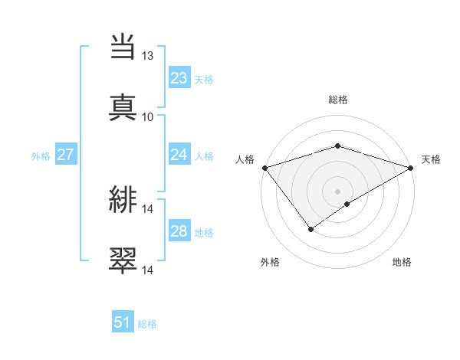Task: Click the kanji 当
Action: (x=123, y=47)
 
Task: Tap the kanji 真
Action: (x=123, y=106)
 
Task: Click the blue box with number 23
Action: (x=179, y=78)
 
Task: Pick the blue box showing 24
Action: (x=179, y=155)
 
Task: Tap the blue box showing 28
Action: (x=179, y=231)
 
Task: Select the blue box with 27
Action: (x=65, y=155)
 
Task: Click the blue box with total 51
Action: (x=123, y=322)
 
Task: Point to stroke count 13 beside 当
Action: (x=148, y=56)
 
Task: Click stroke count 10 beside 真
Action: (x=148, y=116)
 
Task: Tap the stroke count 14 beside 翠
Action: (x=148, y=270)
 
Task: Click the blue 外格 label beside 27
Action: (x=41, y=155)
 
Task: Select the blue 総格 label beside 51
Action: (x=147, y=324)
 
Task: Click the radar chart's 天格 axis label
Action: (x=432, y=159)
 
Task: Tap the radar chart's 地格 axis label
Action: (x=402, y=262)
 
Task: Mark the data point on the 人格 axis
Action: (x=264, y=168)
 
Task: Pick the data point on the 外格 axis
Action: (x=310, y=228)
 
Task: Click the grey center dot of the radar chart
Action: (x=337, y=191)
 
